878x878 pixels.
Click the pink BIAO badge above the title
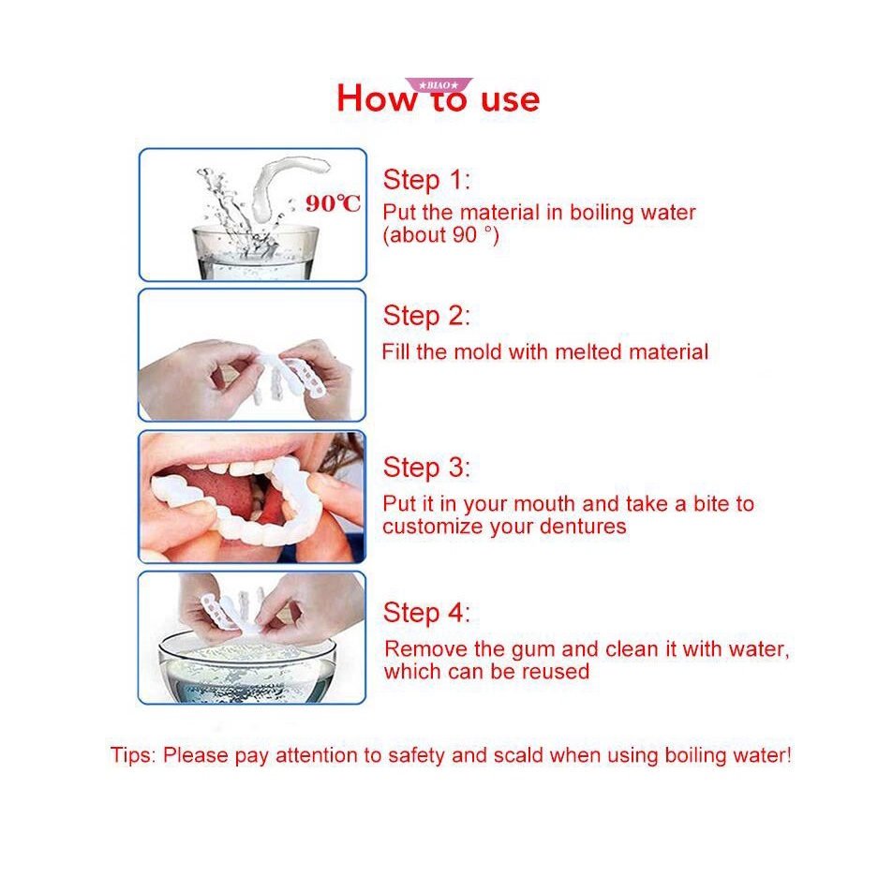[439, 84]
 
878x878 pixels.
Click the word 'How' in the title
[378, 98]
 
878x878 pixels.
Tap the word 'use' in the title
[510, 100]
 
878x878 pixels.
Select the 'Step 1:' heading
[426, 180]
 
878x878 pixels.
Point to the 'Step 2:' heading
[426, 316]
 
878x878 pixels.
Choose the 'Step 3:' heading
[426, 468]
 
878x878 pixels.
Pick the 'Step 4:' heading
[426, 613]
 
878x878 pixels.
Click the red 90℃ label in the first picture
[334, 203]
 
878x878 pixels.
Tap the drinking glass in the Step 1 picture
[255, 252]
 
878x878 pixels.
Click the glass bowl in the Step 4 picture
[247, 669]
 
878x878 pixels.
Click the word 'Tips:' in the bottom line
[133, 755]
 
